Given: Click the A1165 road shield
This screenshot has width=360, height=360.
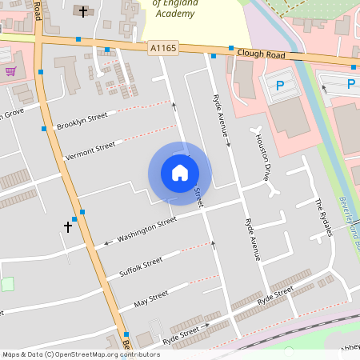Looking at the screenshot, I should point(162,49).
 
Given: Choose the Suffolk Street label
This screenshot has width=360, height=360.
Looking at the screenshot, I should point(140,266).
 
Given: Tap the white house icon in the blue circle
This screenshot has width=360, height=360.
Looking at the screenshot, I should point(180,172).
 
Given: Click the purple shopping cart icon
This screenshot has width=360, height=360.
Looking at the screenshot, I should point(10,70).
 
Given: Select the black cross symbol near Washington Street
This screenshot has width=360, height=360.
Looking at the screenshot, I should point(68,227).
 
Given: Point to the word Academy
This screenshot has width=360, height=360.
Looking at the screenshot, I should point(174,12).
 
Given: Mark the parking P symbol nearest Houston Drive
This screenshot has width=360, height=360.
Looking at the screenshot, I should point(280,85).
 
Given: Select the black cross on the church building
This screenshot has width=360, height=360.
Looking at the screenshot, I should point(85,11).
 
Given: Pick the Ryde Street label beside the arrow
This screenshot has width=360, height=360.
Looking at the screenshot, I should point(180,331).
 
